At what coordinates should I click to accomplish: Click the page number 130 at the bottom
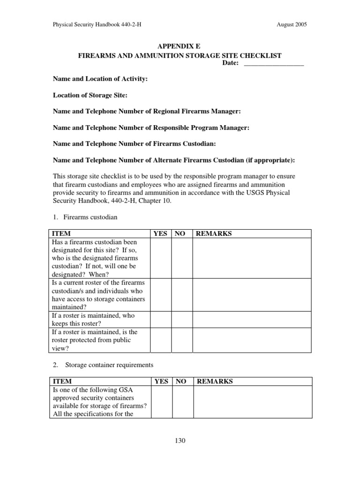tap(180, 441)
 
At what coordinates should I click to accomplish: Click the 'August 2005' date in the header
tap(292, 25)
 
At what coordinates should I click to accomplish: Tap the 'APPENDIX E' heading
tap(180, 46)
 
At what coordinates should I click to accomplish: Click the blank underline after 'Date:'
tap(274, 64)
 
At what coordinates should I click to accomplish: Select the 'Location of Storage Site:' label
tap(90, 95)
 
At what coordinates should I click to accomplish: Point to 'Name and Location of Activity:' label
tap(100, 79)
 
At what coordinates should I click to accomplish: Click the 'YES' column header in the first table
tap(160, 233)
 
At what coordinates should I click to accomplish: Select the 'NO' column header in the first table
tap(180, 233)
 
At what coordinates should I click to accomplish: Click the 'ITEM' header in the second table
tap(62, 382)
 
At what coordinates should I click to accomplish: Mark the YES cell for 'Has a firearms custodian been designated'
tap(160, 258)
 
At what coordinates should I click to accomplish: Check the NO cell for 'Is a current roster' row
tap(182, 294)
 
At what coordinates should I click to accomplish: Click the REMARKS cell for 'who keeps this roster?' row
tap(252, 319)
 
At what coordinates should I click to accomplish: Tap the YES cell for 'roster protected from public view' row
tap(160, 340)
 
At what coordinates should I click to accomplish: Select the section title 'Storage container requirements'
tap(109, 365)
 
